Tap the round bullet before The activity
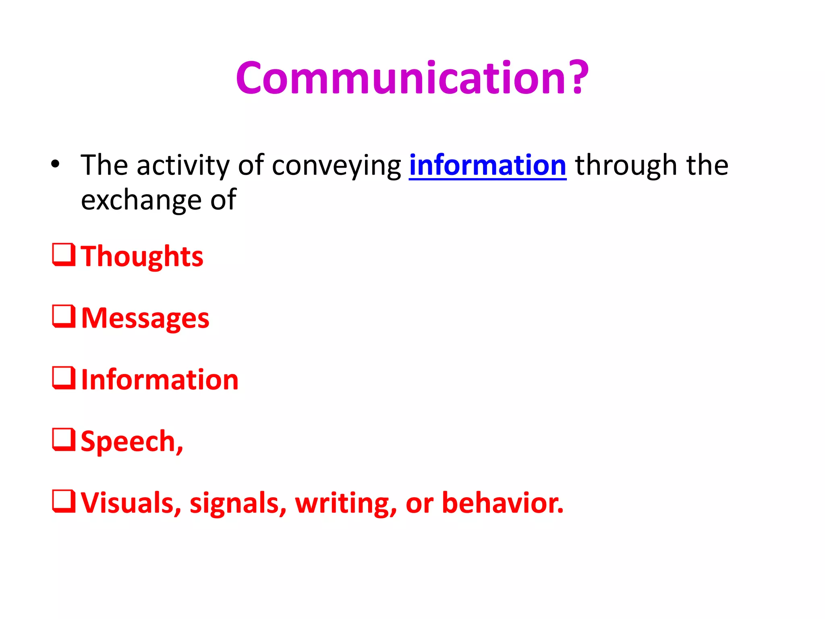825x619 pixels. coord(55,164)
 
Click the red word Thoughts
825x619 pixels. coord(142,256)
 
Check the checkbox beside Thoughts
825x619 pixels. coord(64,254)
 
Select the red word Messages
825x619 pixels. coord(145,318)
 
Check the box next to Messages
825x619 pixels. coord(64,316)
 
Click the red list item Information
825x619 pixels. coord(160,380)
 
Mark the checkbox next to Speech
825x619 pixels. coord(64,439)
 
